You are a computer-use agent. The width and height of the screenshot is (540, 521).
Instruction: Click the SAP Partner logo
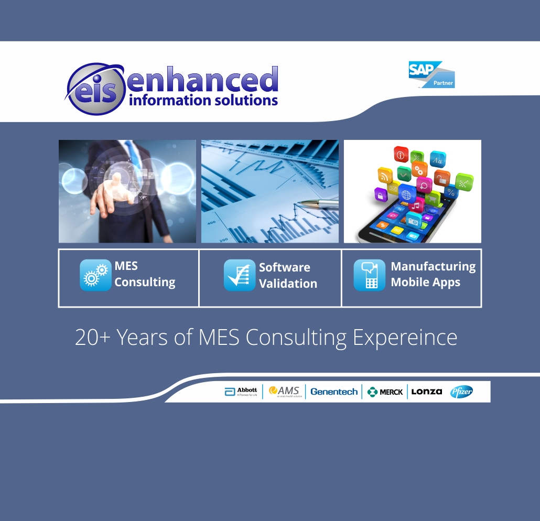[431, 74]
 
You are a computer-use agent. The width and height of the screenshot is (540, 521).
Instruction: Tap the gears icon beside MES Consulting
[95, 275]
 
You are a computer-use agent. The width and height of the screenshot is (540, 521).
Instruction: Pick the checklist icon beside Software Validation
[240, 275]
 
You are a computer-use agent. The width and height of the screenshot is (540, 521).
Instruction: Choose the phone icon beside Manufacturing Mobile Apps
[369, 275]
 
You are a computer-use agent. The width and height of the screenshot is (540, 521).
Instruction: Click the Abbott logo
[241, 392]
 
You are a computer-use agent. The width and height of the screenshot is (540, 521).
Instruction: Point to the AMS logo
[284, 392]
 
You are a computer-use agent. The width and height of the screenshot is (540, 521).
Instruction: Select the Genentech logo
[334, 392]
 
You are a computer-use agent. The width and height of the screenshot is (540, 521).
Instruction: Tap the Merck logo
[385, 392]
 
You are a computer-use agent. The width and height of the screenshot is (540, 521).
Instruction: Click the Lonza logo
[426, 392]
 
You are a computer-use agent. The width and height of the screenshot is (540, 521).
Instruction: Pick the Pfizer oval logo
[461, 392]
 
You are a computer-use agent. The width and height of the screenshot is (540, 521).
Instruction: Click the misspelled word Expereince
[405, 338]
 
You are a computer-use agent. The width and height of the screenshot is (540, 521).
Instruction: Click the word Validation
[288, 284]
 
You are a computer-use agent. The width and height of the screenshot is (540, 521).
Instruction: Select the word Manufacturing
[433, 266]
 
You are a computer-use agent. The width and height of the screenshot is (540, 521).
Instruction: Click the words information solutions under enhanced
[203, 100]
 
